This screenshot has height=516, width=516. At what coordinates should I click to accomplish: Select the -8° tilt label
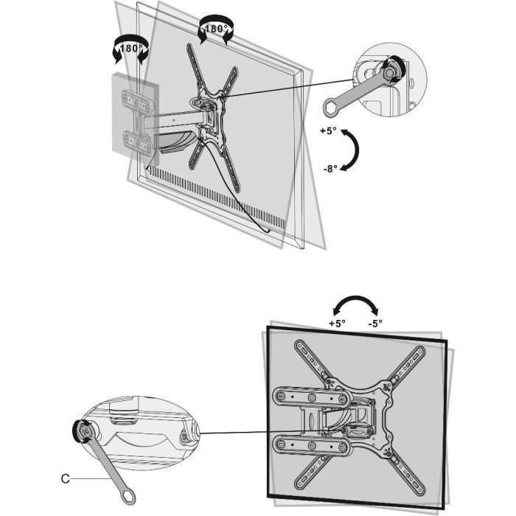pos(329,168)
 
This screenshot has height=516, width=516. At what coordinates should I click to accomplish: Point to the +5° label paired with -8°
pos(329,130)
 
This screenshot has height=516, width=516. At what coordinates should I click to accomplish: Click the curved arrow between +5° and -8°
pos(356,150)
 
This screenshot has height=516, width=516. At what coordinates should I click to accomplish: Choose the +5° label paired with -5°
pos(336,323)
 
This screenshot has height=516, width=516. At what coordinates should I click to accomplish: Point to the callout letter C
pos(66,478)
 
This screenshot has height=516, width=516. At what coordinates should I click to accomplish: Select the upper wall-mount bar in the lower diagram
pos(310,399)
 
